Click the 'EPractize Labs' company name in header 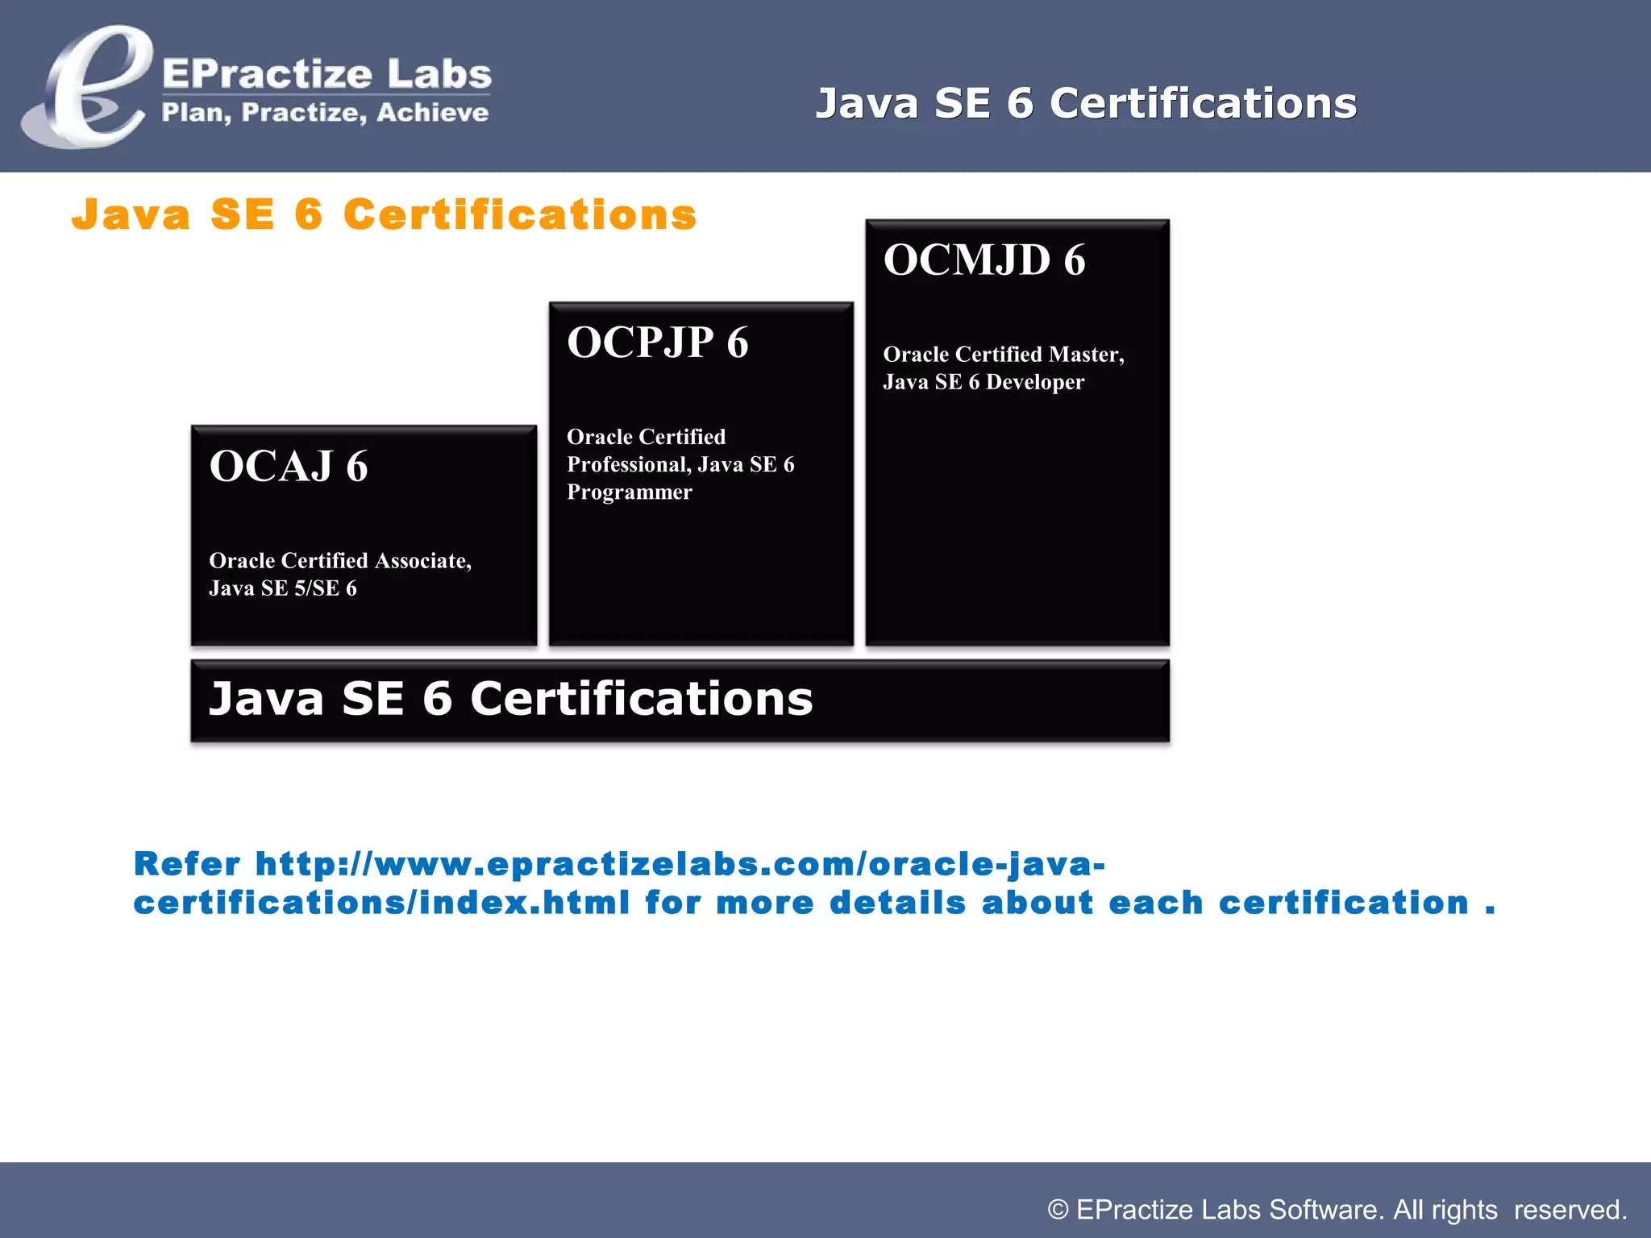click(x=326, y=74)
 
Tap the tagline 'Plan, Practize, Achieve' click(x=325, y=113)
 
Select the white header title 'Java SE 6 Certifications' click(x=1086, y=103)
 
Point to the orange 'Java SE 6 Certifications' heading click(x=384, y=214)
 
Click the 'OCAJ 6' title click(x=289, y=466)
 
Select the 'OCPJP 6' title click(x=658, y=342)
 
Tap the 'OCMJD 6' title click(x=984, y=260)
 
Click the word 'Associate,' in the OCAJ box click(x=423, y=560)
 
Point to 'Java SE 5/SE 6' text click(x=283, y=588)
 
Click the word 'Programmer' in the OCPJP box click(x=630, y=492)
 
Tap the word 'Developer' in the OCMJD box click(x=1035, y=382)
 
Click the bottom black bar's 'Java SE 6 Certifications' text click(x=511, y=698)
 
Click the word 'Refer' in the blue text click(x=187, y=864)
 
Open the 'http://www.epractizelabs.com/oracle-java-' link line click(x=680, y=864)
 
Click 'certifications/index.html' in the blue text click(x=381, y=903)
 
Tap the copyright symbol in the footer click(x=1058, y=1210)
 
